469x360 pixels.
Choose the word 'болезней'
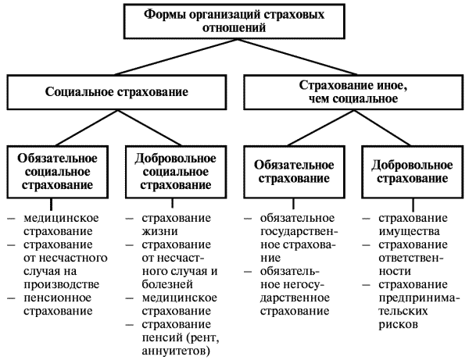pyautogui.click(x=163, y=286)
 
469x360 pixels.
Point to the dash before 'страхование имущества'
pyautogui.click(x=366, y=219)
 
